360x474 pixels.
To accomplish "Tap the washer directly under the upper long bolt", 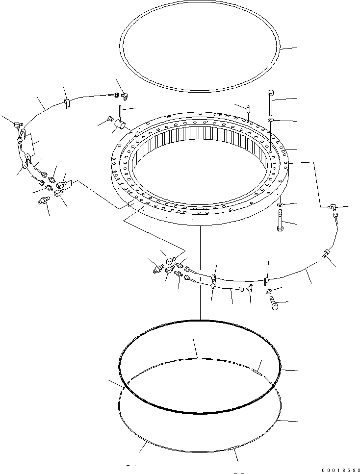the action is tap(271, 120).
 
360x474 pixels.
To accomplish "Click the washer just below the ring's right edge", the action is tap(279, 204).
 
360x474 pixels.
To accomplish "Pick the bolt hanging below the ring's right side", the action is tap(280, 221).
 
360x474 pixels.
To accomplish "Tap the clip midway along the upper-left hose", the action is tap(67, 102).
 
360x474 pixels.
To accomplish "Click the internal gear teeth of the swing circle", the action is tap(201, 147).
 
